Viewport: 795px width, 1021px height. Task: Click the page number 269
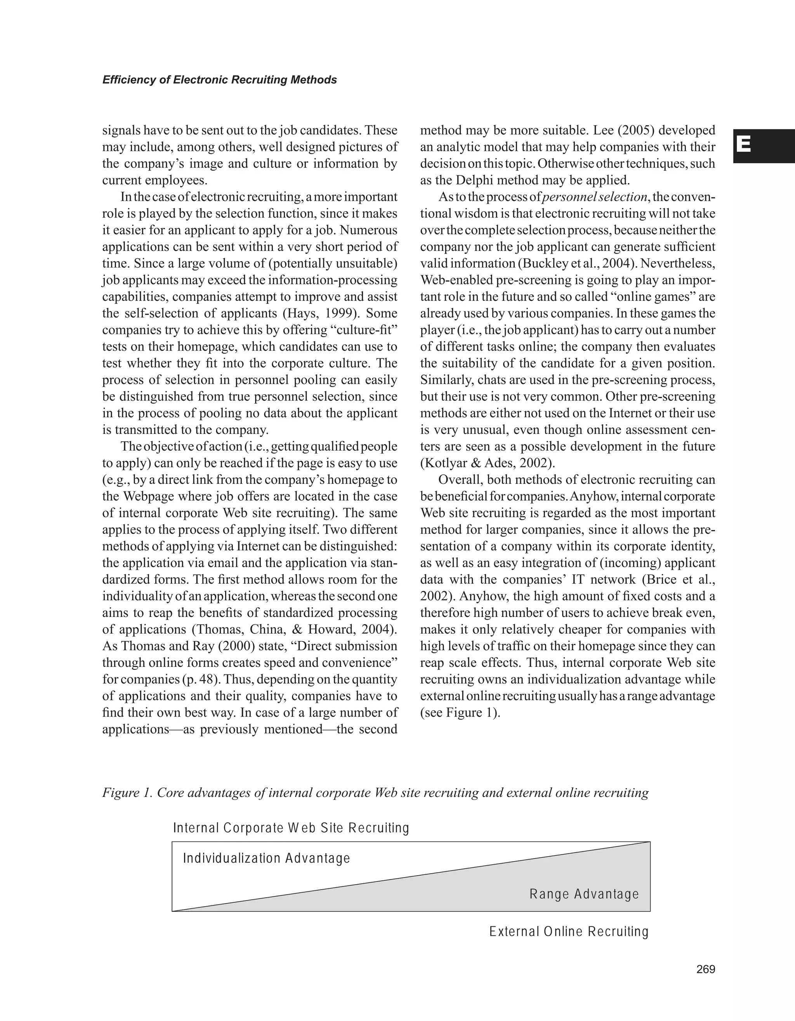(705, 969)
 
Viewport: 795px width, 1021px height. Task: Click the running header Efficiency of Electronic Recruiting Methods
(219, 80)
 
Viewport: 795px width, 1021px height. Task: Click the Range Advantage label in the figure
(584, 894)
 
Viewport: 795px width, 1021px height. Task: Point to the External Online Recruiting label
(569, 932)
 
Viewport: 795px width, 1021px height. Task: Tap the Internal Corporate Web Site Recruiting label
(291, 828)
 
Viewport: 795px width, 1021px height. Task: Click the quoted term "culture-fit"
(364, 330)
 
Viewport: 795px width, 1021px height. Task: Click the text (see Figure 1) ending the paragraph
(460, 712)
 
